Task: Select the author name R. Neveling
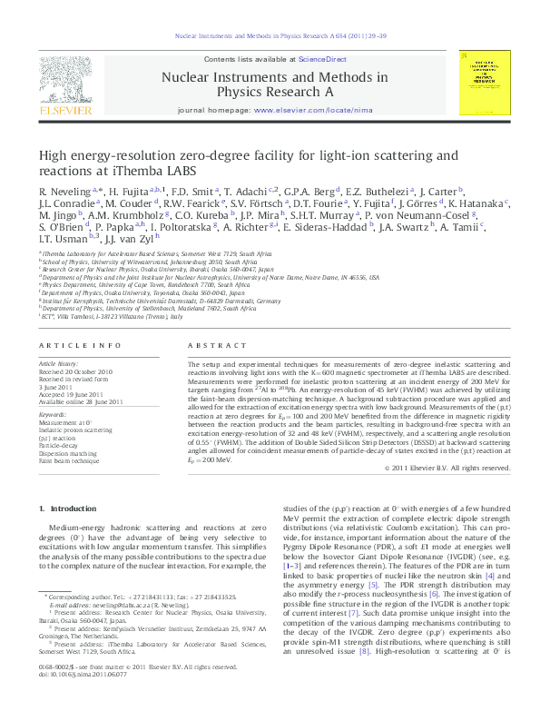[x=64, y=192]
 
